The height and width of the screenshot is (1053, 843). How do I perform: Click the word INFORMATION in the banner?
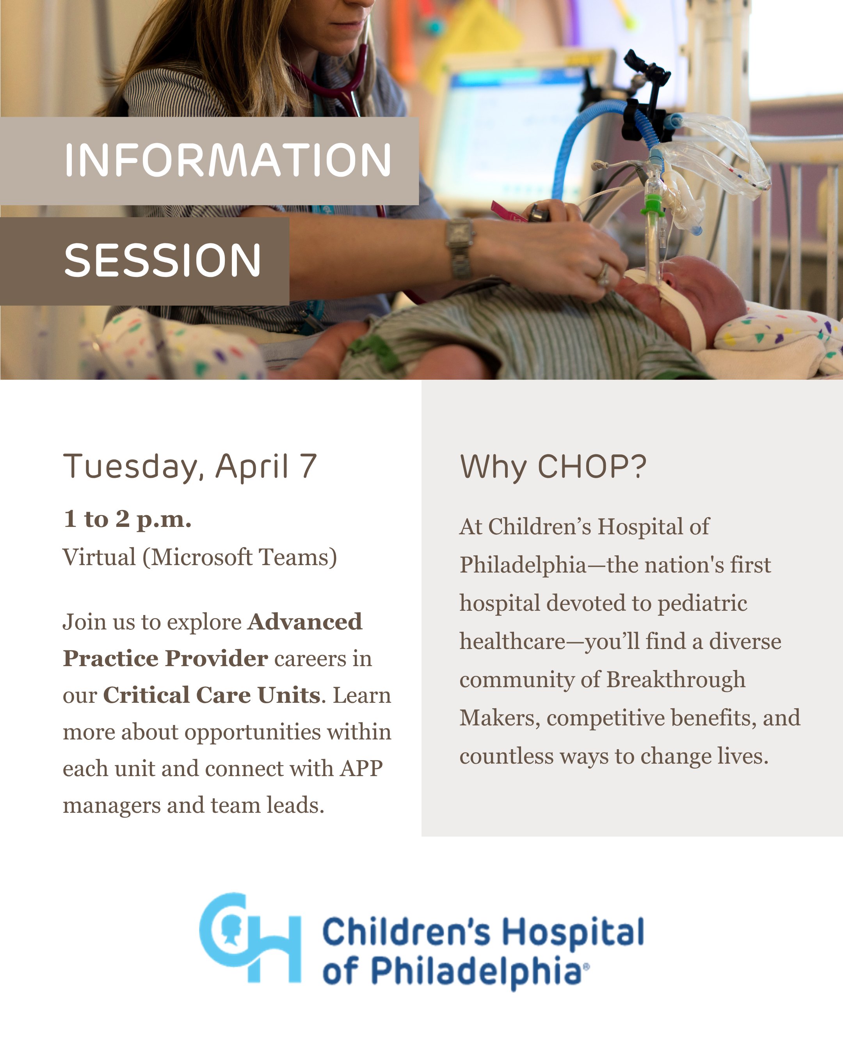228,160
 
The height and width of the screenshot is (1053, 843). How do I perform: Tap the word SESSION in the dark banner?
163,260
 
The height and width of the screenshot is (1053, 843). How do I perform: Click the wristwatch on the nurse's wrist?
459,248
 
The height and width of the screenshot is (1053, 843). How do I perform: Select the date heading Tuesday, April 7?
190,466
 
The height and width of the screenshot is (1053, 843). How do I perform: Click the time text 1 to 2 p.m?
127,519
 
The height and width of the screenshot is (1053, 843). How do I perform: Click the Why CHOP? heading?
553,466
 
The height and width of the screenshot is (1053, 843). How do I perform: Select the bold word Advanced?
305,622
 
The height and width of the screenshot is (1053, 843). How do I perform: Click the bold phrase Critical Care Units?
212,695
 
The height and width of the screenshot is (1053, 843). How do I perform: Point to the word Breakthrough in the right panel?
676,680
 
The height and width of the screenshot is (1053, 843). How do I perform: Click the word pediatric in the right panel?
702,604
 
